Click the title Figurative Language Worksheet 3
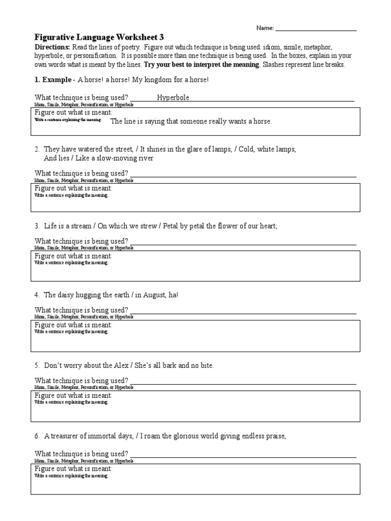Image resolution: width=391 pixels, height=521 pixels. point(99,38)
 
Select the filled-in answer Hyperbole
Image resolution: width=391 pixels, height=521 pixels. point(173,98)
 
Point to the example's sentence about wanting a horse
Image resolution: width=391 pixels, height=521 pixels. point(191,122)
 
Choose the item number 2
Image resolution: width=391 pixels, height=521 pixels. point(37,149)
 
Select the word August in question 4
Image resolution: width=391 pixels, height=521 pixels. point(155,295)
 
